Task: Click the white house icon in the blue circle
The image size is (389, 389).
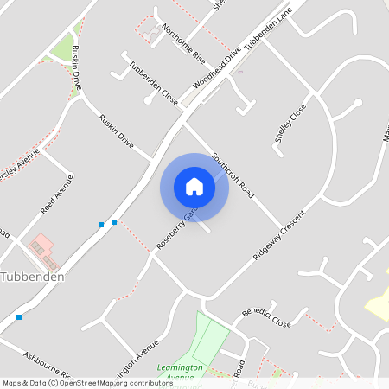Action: coord(194,186)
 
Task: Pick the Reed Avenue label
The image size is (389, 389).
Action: coord(57,194)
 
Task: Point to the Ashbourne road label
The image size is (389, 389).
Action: coord(52,366)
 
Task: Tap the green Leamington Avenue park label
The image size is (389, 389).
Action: coord(180,372)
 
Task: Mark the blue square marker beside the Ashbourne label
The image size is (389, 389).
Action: coord(19,317)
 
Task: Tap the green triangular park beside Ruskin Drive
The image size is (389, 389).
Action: coord(62,48)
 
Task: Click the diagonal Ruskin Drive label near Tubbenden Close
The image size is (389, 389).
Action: coord(116,131)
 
